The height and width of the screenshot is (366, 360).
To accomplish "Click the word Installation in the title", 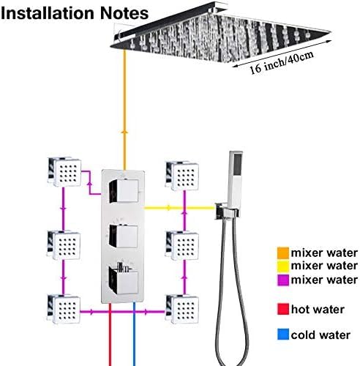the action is (x=48, y=13).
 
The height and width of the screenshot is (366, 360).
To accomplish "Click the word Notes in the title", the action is (x=124, y=13).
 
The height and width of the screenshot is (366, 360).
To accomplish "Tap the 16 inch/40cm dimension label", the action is (x=282, y=62).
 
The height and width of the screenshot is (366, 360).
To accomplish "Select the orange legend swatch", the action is (x=283, y=253).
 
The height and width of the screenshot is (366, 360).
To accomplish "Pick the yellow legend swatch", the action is (x=283, y=266).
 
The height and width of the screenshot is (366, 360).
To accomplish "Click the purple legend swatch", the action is (x=283, y=280).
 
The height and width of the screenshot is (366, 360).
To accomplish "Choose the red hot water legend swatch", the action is (x=283, y=309).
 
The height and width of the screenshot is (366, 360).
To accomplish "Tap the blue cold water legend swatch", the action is (x=283, y=335).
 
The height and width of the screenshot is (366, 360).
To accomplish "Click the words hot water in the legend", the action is (x=318, y=310).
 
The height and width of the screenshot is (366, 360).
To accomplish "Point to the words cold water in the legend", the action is (x=320, y=335).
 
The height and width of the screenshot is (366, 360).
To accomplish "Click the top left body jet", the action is (x=64, y=172).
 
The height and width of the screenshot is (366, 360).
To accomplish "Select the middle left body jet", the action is (x=64, y=244).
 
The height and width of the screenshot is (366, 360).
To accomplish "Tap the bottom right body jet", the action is (x=182, y=309).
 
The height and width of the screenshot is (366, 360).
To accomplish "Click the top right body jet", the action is (x=182, y=176).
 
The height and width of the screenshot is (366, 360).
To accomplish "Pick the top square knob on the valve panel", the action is (x=124, y=191).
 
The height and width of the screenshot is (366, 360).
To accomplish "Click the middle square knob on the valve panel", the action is (x=124, y=236).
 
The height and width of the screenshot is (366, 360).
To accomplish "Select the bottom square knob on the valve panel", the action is (x=124, y=280).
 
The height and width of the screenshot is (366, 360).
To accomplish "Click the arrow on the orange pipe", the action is (x=124, y=132).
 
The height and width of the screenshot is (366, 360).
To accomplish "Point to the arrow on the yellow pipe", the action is (x=168, y=208).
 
